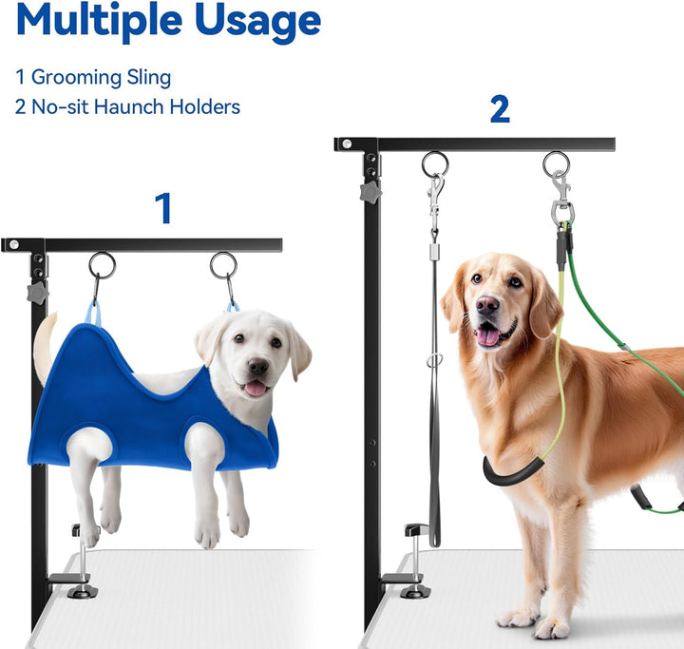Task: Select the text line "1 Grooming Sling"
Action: pos(93,78)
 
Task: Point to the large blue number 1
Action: pos(164,209)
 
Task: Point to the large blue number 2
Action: pos(500,109)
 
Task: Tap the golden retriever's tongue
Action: pos(490,335)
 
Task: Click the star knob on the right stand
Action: pos(369,193)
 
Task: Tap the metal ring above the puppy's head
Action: pos(224,265)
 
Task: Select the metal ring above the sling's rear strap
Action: pos(102,265)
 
